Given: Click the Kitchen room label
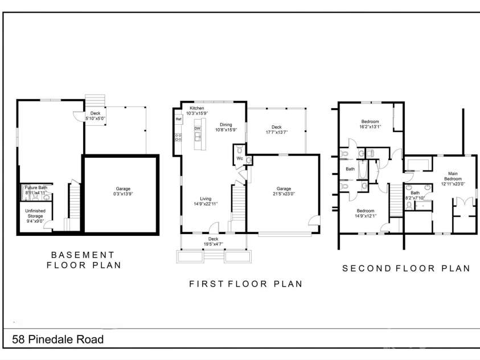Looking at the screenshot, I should click(197, 108).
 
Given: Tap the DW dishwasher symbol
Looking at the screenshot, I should click(198, 129).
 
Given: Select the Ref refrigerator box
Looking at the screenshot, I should click(178, 120).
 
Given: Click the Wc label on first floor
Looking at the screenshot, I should click(240, 158).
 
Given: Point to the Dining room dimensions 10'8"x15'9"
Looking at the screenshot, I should click(226, 130).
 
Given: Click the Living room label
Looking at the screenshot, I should click(206, 199).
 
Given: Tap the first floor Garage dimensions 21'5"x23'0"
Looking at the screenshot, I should click(284, 194).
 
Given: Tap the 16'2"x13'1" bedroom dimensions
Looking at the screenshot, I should click(370, 127).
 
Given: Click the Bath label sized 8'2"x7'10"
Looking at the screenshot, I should click(416, 193).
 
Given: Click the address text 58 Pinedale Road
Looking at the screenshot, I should click(58, 340).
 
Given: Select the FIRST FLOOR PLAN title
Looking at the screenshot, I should click(245, 284).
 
